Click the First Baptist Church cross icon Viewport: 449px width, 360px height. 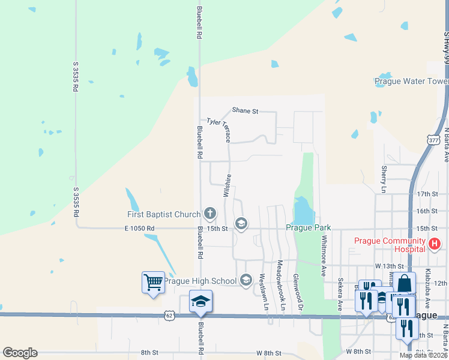[x=210, y=213]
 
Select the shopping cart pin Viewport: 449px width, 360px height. [x=153, y=282]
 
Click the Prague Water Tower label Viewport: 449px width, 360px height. [x=411, y=82]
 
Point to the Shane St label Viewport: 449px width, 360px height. [x=245, y=110]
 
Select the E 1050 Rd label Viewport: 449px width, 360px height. [x=139, y=229]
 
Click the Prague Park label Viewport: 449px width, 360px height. [x=308, y=229]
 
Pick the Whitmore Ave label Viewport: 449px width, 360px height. [x=324, y=255]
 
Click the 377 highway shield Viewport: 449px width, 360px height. [x=433, y=139]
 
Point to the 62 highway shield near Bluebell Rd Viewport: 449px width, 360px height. [x=170, y=314]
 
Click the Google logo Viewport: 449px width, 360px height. [x=20, y=353]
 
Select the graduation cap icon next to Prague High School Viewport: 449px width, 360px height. [x=246, y=280]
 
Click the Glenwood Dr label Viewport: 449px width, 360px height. [x=295, y=293]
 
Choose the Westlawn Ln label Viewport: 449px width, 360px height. [x=262, y=292]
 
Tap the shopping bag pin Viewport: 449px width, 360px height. [x=405, y=283]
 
